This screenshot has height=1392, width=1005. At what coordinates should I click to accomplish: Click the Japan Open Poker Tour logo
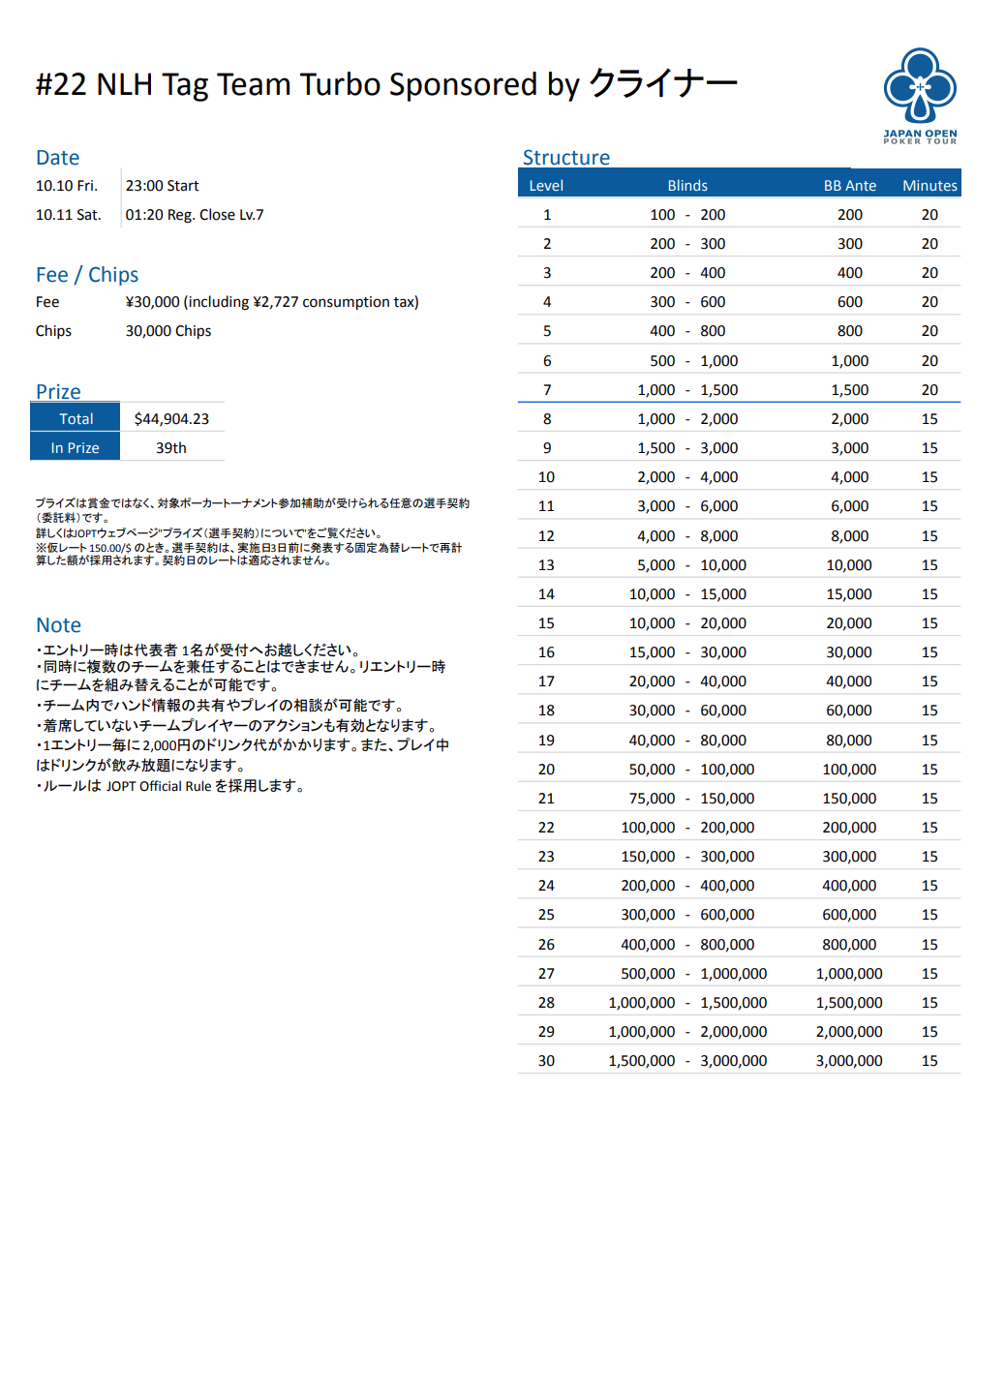click(x=920, y=95)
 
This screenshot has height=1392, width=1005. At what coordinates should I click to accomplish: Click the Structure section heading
click(x=566, y=158)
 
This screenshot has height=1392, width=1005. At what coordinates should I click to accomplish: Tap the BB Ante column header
click(x=849, y=186)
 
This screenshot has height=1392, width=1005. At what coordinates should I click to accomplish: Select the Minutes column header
click(x=929, y=186)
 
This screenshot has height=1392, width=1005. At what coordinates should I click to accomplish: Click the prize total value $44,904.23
click(x=171, y=419)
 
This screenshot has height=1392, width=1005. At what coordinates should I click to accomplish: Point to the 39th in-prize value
click(x=171, y=448)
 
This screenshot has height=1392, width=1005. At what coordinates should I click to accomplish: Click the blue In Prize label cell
click(x=76, y=448)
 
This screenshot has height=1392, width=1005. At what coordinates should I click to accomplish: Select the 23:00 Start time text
click(x=162, y=186)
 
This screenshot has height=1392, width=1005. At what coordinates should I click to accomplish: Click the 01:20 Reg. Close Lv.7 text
click(x=195, y=215)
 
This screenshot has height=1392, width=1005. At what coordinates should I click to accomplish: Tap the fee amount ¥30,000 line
click(x=272, y=302)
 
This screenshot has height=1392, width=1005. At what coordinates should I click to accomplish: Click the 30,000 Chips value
click(x=168, y=331)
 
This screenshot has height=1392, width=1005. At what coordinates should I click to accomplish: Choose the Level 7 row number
click(x=547, y=390)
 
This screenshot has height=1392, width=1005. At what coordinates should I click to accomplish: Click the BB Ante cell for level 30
click(x=849, y=1061)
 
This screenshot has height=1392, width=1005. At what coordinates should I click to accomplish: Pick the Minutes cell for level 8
click(x=929, y=419)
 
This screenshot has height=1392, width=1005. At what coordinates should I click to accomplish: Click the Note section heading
click(x=58, y=625)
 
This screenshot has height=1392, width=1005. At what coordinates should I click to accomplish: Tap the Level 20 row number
click(x=546, y=770)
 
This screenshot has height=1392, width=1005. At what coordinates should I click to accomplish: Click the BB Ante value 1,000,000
click(x=849, y=974)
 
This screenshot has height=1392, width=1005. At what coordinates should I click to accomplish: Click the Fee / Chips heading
click(x=87, y=275)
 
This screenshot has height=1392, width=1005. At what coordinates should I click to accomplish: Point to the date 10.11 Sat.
click(x=68, y=215)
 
